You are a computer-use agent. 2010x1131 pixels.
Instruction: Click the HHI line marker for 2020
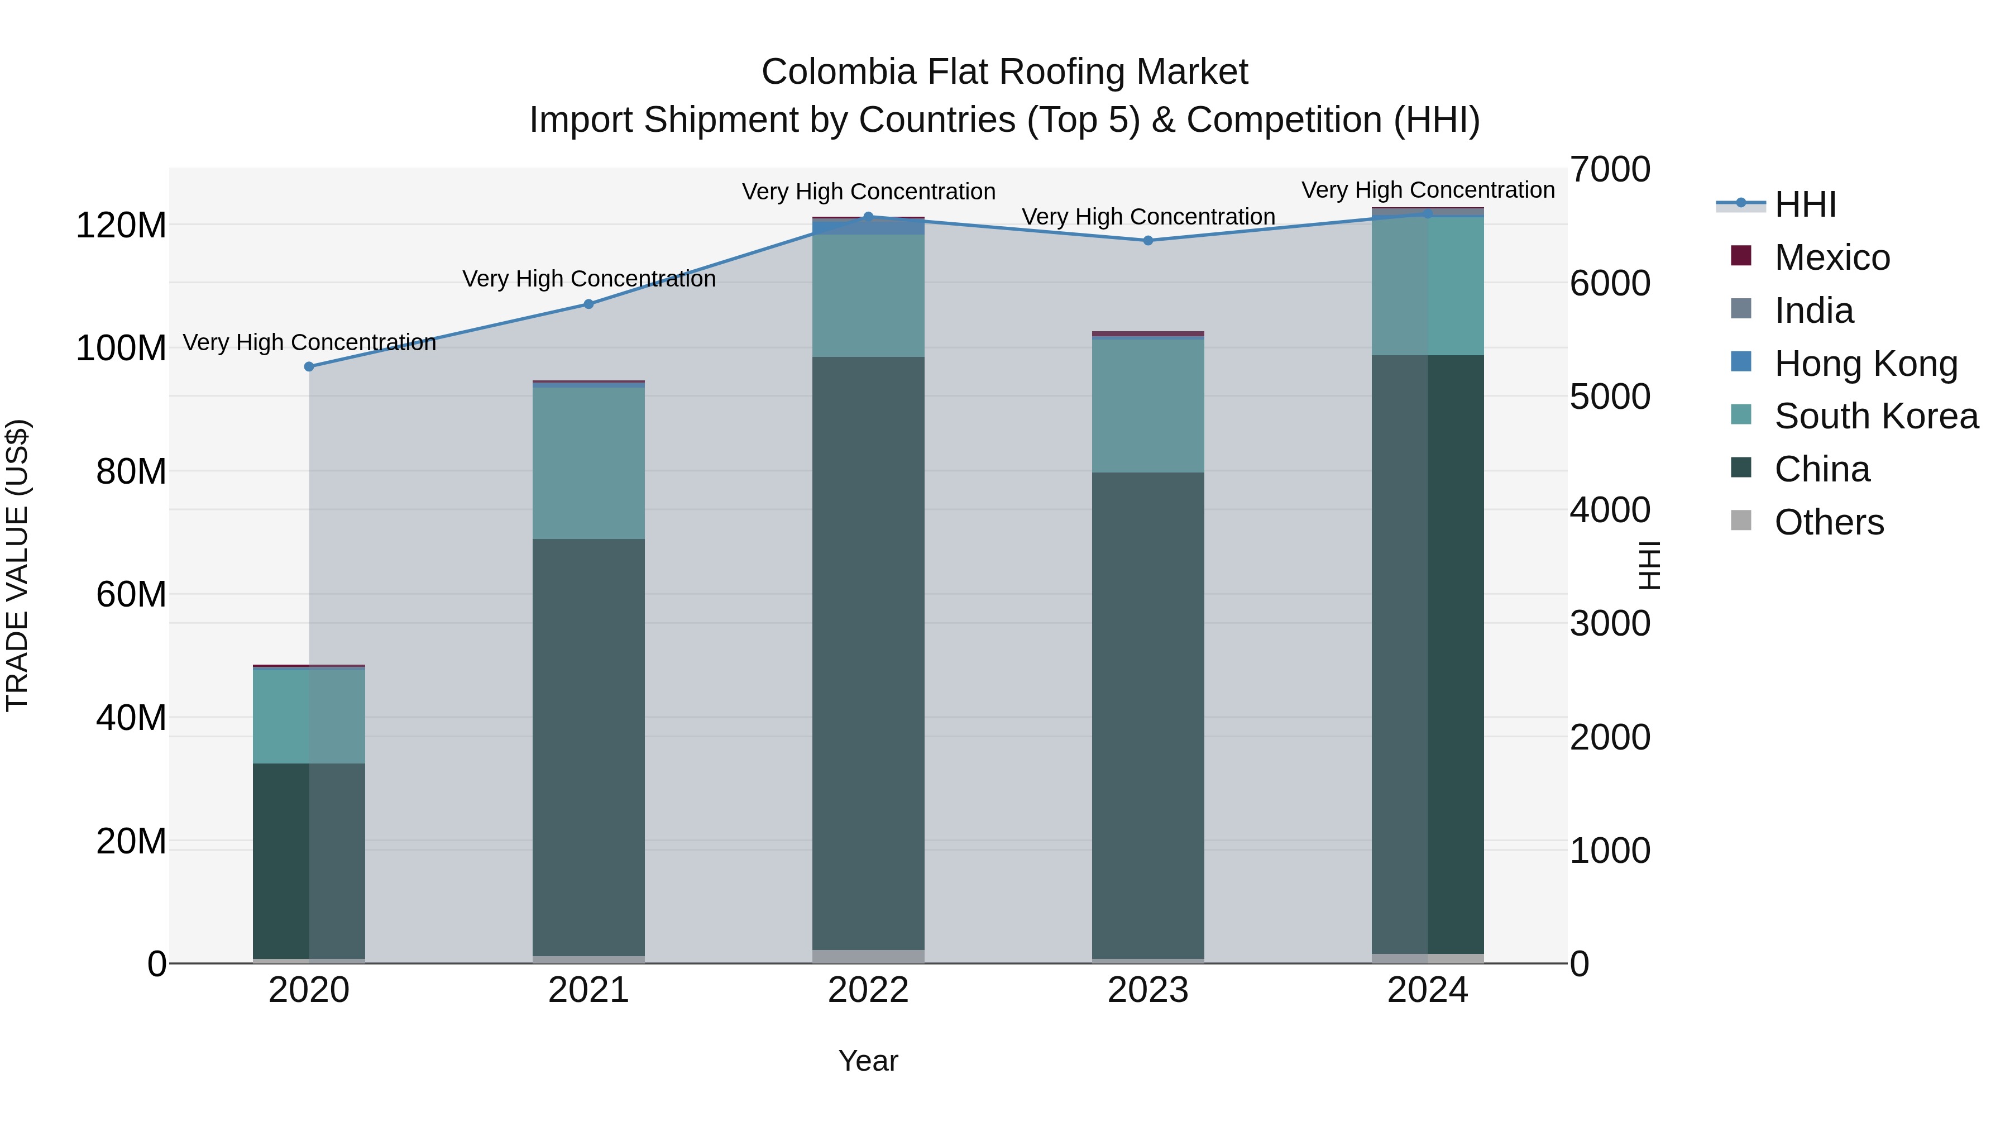[309, 367]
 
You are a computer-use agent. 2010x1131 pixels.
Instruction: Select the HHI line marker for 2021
[589, 304]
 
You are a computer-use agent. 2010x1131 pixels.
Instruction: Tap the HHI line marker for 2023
[1148, 240]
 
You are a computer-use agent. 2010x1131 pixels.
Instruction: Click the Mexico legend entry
[1831, 257]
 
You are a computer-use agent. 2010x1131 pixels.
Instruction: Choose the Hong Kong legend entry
[1865, 364]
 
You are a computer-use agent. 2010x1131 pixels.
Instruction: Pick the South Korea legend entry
[1876, 416]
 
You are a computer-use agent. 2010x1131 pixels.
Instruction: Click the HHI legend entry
[1805, 204]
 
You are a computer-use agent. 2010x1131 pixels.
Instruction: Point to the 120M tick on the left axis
[121, 226]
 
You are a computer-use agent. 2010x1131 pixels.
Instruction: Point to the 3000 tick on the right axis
[1610, 624]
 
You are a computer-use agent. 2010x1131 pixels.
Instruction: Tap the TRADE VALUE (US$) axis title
[17, 565]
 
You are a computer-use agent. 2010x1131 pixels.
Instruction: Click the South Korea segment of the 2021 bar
[589, 464]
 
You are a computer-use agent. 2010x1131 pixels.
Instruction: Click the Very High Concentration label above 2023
[1148, 217]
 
